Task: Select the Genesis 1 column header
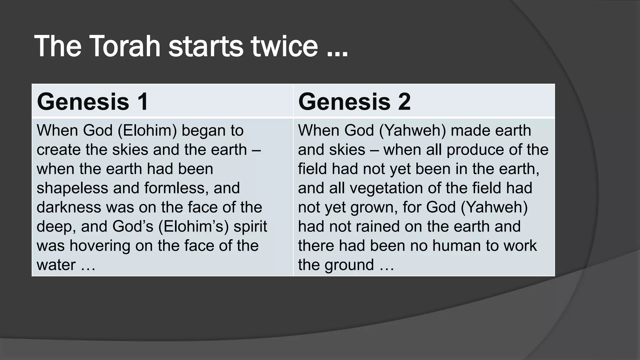92,102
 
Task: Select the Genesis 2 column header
354,102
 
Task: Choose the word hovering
100,246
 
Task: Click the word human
457,246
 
